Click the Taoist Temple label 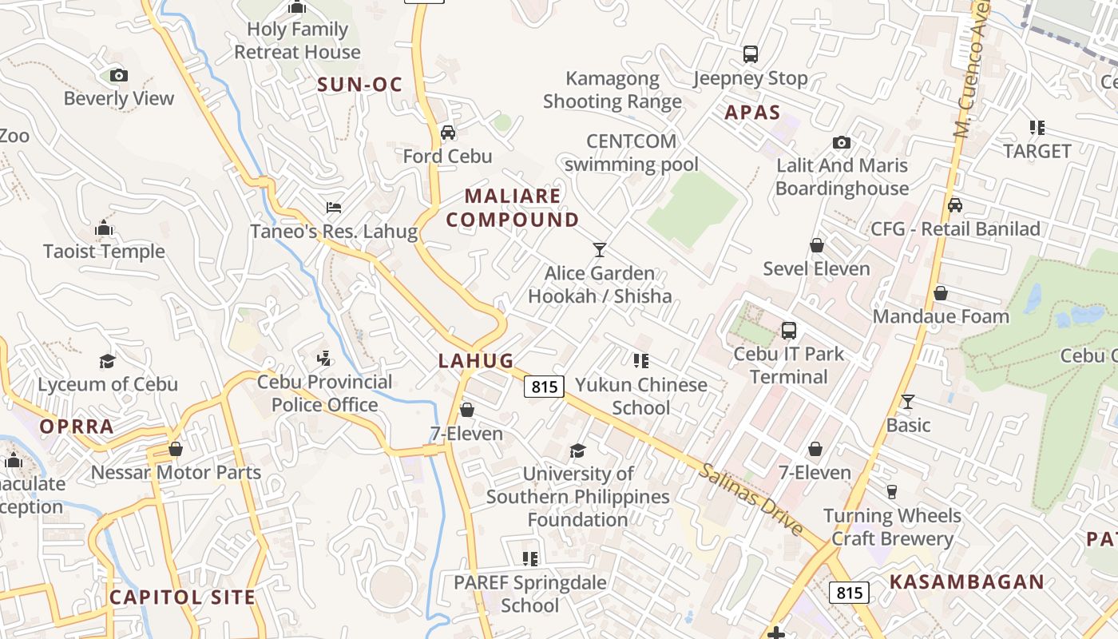click(104, 252)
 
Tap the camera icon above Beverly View click(119, 75)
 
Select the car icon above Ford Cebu click(448, 133)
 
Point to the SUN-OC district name click(359, 85)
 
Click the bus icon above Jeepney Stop click(750, 54)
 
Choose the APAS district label click(752, 113)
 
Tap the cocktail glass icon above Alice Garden click(600, 250)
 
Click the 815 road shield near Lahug click(545, 387)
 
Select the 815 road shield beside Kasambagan click(849, 593)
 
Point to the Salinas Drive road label click(751, 499)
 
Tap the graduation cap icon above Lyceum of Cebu click(107, 361)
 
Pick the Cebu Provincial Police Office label click(325, 394)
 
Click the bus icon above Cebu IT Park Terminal click(789, 330)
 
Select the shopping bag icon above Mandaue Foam click(941, 293)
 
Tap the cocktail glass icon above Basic click(908, 401)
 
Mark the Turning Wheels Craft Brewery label click(892, 527)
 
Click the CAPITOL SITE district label click(183, 597)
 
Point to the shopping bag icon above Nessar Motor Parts click(176, 449)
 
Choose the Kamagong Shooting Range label click(613, 90)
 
